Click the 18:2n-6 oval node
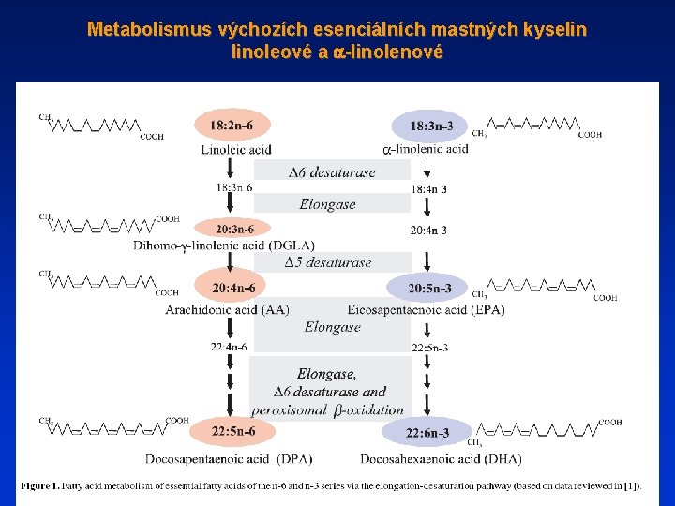tap(230, 125)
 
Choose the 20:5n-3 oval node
tap(430, 288)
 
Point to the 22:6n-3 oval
tap(427, 433)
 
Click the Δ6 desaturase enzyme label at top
tap(332, 171)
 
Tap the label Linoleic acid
tap(236, 150)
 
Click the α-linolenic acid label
tap(426, 149)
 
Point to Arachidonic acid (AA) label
tap(227, 310)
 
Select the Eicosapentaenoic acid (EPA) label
tap(426, 310)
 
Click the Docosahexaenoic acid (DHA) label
tap(441, 459)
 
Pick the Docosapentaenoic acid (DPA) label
tap(229, 459)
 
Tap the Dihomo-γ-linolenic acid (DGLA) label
tap(210, 246)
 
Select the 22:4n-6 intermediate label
tap(229, 347)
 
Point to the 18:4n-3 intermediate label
tap(428, 189)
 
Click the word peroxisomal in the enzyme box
tap(289, 410)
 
